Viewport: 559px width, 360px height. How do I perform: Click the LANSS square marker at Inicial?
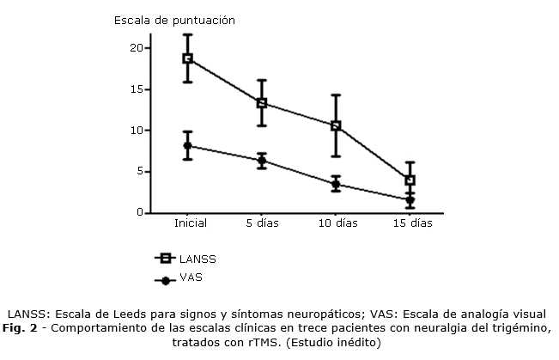(x=187, y=58)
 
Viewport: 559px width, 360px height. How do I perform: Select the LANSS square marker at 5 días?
(x=262, y=103)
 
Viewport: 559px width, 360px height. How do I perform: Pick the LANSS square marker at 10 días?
(x=336, y=125)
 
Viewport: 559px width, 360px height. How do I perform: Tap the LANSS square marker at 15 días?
(x=410, y=180)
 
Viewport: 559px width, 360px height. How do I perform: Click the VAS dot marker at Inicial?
(x=187, y=146)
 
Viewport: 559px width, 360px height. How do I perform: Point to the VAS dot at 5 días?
(x=262, y=161)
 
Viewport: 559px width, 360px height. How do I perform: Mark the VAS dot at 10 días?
(x=336, y=184)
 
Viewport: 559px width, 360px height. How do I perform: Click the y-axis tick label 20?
(x=137, y=48)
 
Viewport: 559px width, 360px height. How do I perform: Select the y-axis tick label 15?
(x=137, y=89)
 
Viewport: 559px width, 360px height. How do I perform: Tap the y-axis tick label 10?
(x=137, y=131)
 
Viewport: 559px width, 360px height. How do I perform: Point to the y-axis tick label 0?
(x=139, y=213)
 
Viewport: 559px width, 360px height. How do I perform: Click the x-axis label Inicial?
(x=189, y=224)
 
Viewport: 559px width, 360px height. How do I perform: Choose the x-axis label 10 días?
(x=337, y=224)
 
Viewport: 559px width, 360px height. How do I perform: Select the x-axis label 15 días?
(x=411, y=224)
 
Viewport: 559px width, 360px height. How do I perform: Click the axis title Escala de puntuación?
(x=175, y=19)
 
